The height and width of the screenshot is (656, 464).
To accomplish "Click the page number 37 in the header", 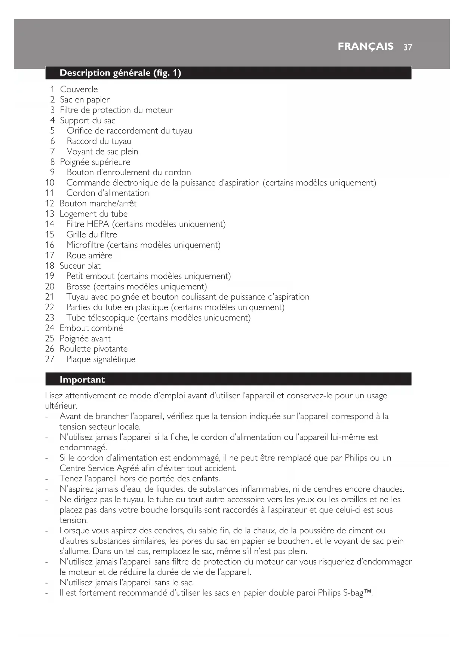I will point(408,47).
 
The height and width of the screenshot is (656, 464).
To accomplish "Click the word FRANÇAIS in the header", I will point(365,46).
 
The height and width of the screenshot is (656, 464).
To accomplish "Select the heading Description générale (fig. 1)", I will point(120,73).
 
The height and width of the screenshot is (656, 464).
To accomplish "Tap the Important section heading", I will point(82,380).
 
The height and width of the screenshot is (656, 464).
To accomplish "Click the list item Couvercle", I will point(79,89).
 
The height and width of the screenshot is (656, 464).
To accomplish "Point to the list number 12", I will point(50,203).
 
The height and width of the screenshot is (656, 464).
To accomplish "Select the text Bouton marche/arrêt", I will point(98,203).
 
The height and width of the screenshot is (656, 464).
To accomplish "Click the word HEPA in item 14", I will point(98,224).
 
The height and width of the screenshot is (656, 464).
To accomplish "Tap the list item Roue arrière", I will point(89,255).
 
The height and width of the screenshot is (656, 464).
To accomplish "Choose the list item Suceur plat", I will point(80,266).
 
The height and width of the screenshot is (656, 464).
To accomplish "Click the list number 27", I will point(50,359).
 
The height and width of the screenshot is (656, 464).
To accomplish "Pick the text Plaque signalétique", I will point(101,359).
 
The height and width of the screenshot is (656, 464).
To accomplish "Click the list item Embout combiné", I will point(91,328).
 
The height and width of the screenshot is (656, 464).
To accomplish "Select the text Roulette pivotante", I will point(93,349).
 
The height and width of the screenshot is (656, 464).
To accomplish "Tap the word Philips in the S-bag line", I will point(329,593).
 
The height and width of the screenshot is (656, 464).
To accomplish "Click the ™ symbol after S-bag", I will point(368,592).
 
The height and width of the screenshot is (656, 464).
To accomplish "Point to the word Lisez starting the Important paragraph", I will point(54,396).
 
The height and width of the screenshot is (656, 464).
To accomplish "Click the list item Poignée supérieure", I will point(95,162).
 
